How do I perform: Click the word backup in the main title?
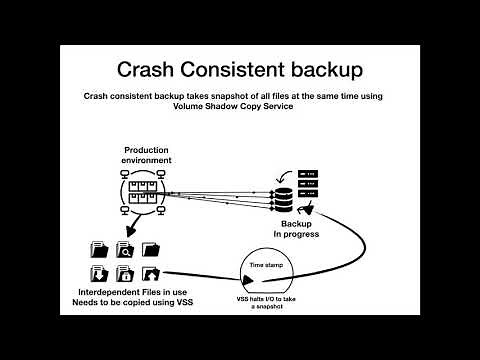click(x=318, y=69)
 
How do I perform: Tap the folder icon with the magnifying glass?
click(x=126, y=248)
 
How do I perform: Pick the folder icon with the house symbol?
click(x=151, y=273)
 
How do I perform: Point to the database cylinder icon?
click(x=283, y=198)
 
